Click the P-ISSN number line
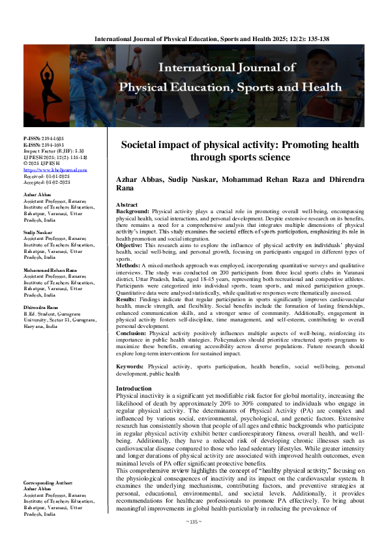pyautogui.click(x=41, y=139)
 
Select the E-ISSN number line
pyautogui.click(x=41, y=145)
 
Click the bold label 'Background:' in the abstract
pyautogui.click(x=132, y=193)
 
